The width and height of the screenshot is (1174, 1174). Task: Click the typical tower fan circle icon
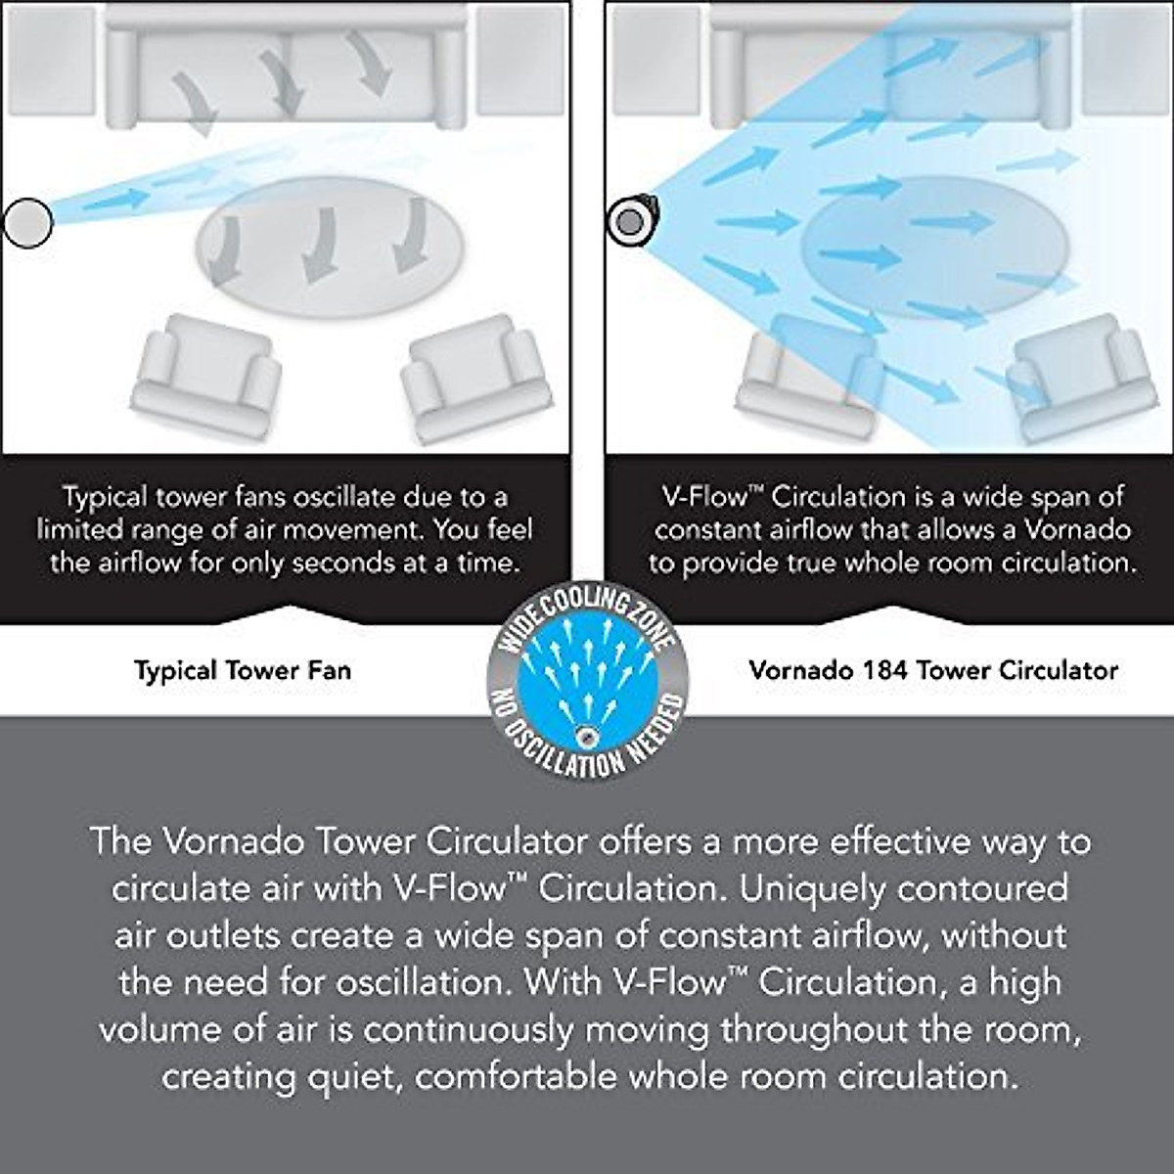[27, 222]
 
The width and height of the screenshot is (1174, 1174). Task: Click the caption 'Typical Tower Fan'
[242, 671]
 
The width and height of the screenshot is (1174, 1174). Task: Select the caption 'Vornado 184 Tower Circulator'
[932, 671]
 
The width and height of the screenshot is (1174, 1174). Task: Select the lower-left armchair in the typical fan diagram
[204, 373]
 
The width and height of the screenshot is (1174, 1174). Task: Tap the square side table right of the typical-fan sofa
[520, 62]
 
